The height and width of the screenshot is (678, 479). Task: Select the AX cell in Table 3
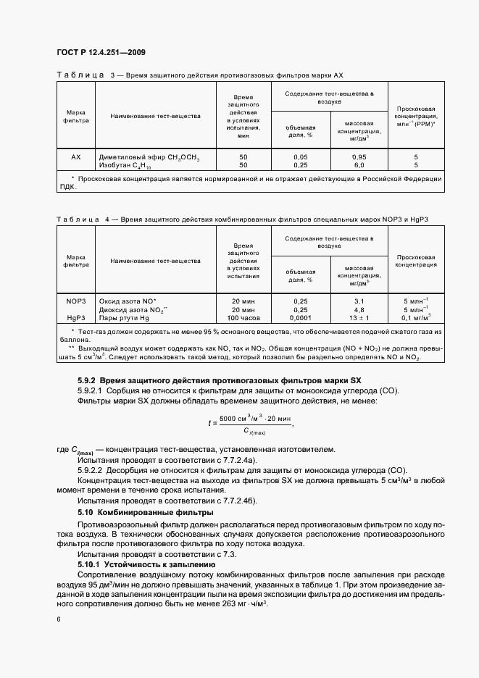(x=76, y=157)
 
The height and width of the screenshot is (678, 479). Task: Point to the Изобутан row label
(x=141, y=165)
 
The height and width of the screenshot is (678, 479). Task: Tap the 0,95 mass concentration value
(x=359, y=157)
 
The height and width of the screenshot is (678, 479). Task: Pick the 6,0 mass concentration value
(x=359, y=165)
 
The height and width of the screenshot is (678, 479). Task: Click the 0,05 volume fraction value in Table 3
(x=301, y=157)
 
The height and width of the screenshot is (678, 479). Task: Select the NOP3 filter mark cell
(x=76, y=300)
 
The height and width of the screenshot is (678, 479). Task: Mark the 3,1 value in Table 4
(x=359, y=300)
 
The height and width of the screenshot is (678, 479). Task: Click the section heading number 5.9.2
(x=87, y=380)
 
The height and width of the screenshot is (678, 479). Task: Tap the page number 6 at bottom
(x=58, y=619)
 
